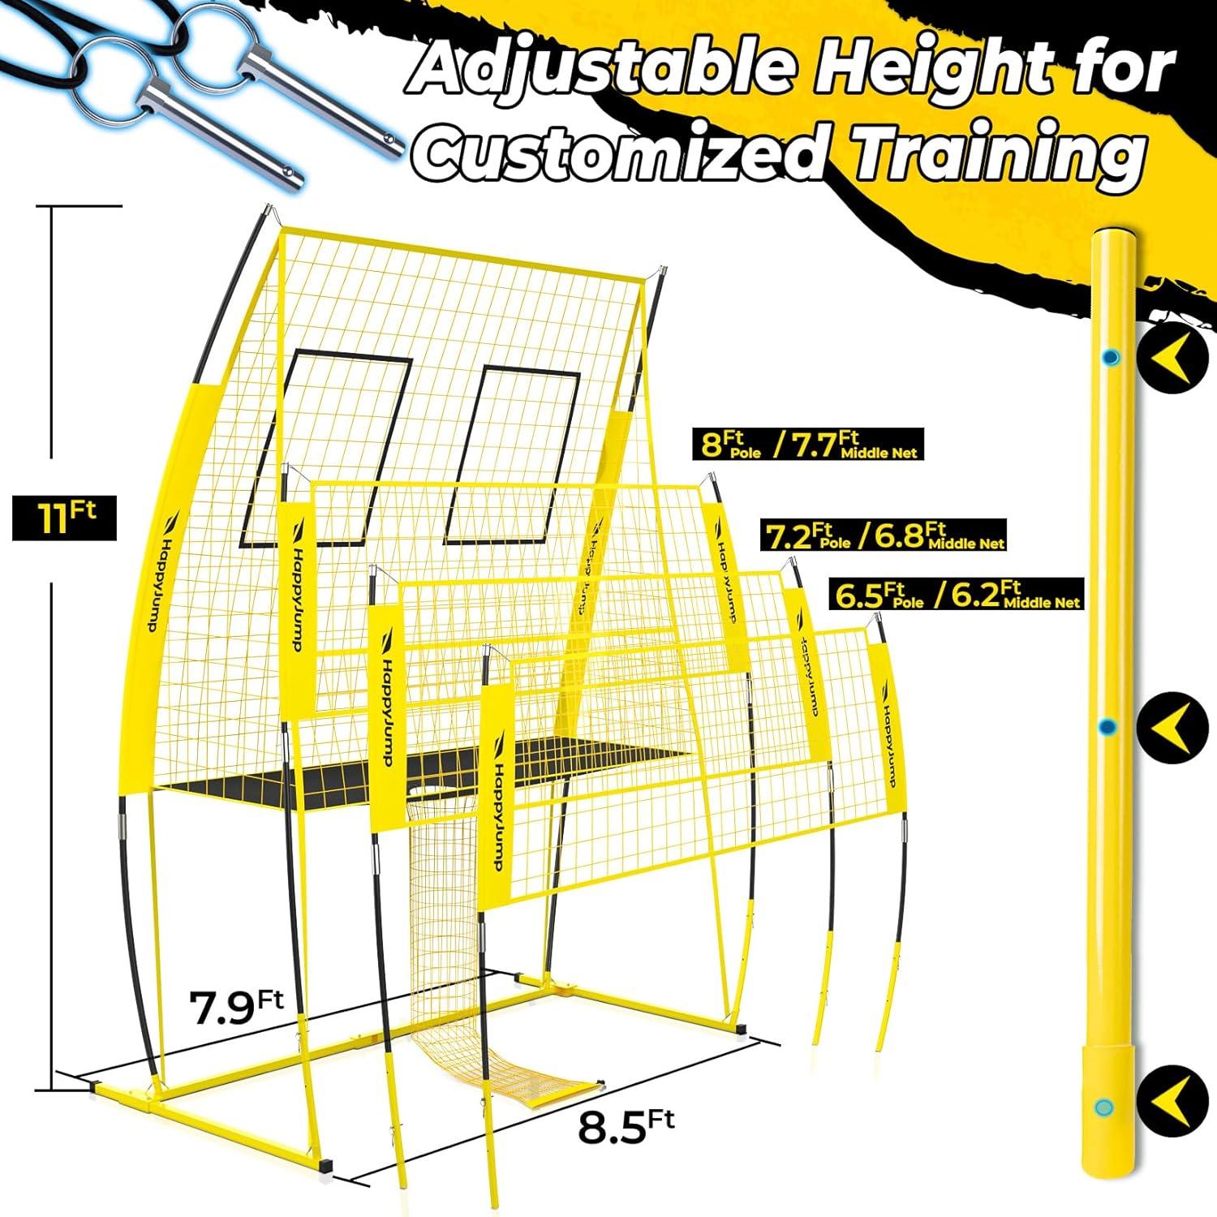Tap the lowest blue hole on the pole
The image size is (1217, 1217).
[1102, 1107]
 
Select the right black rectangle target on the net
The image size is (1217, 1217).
[511, 455]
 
